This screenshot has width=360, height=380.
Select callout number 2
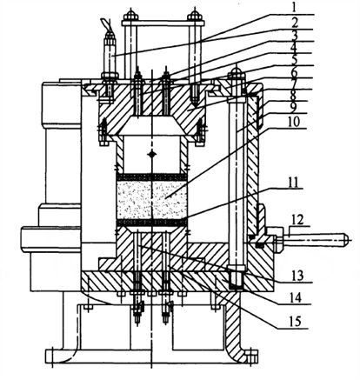[x=295, y=23]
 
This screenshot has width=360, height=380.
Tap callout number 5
[x=294, y=60]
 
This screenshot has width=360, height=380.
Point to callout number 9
[x=293, y=108]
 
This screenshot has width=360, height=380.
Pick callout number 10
[x=294, y=122]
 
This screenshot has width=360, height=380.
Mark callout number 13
[x=297, y=275]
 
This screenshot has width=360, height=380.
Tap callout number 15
[x=295, y=321]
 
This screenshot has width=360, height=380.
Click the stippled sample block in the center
[x=151, y=200]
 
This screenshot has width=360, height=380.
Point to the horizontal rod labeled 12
[x=316, y=239]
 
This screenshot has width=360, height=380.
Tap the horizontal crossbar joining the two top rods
[x=163, y=23]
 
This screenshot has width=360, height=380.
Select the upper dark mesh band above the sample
[x=151, y=177]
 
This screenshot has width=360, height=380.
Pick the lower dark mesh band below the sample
[x=151, y=223]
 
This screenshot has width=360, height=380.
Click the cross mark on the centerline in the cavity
[x=151, y=154]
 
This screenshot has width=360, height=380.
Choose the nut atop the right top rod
[x=194, y=15]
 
